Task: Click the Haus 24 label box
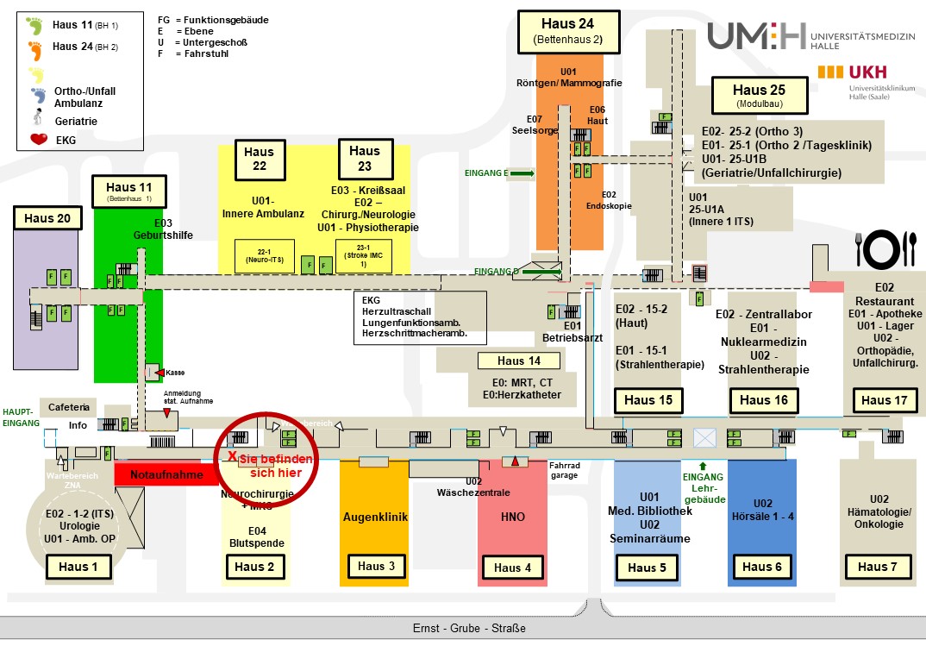click(x=568, y=29)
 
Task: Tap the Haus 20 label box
click(x=47, y=218)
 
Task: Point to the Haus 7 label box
click(x=877, y=567)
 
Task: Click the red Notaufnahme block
click(x=166, y=474)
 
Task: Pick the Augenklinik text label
click(x=375, y=517)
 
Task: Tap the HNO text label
click(x=512, y=517)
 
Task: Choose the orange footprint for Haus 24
click(x=35, y=47)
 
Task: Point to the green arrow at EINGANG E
click(x=522, y=173)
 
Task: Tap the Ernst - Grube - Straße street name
click(x=469, y=628)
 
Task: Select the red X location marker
click(x=232, y=455)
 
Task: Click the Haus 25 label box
click(x=759, y=94)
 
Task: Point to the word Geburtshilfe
click(x=163, y=235)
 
